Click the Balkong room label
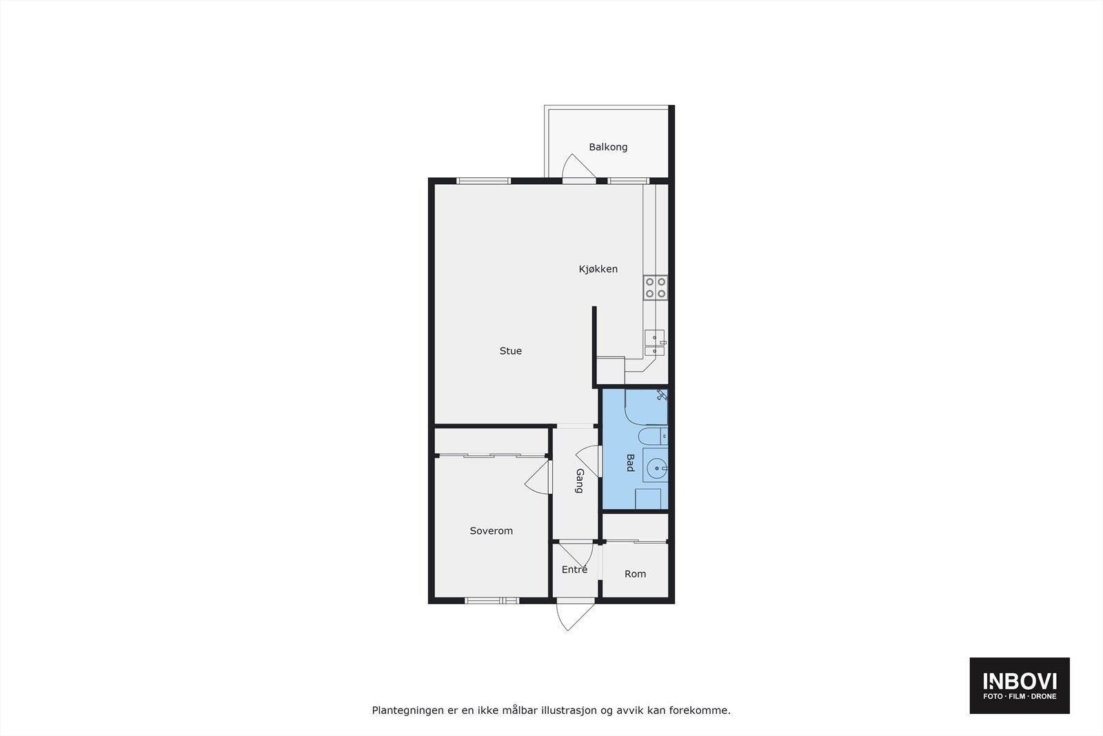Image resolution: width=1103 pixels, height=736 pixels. point(608,147)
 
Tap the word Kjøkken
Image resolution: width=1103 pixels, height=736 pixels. point(598,269)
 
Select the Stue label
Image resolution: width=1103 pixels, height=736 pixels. point(510,351)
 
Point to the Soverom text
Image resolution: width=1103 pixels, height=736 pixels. point(491,531)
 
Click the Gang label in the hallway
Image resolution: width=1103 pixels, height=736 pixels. point(579,481)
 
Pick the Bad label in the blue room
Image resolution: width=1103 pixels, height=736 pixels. point(629,462)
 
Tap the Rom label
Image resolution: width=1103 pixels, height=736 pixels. point(635,574)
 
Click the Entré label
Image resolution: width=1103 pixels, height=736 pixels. point(574,570)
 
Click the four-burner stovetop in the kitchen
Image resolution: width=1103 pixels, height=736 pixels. point(655,288)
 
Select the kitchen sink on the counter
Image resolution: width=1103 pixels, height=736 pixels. point(654,343)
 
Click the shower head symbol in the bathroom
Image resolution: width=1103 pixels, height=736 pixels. point(662,395)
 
